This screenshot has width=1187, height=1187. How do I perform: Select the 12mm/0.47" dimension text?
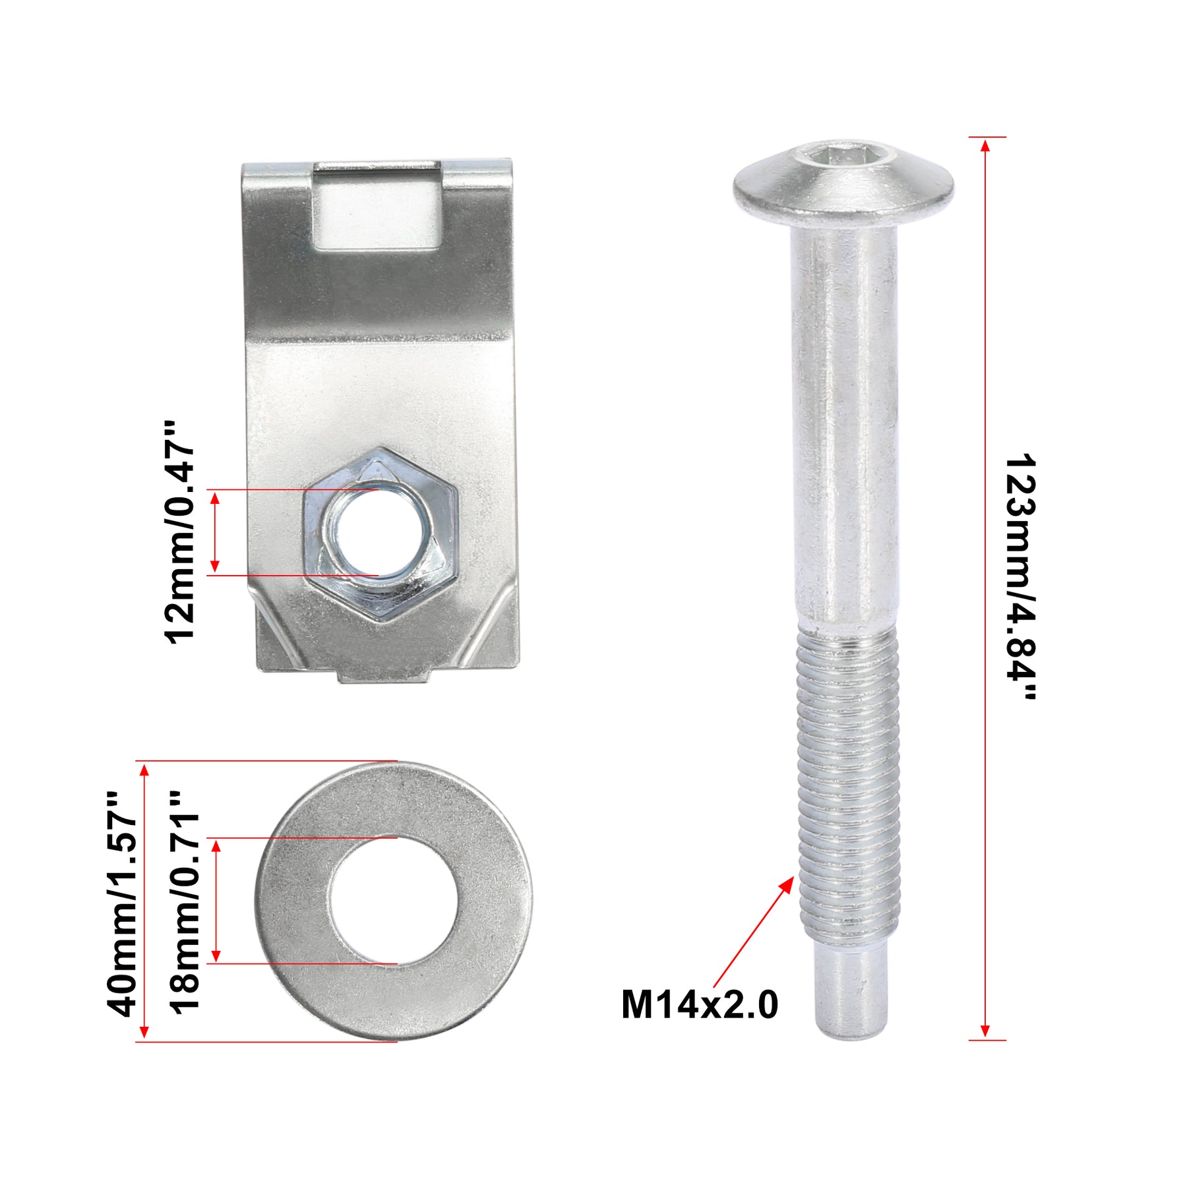(x=179, y=532)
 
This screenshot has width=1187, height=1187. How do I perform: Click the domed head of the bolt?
(x=843, y=181)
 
